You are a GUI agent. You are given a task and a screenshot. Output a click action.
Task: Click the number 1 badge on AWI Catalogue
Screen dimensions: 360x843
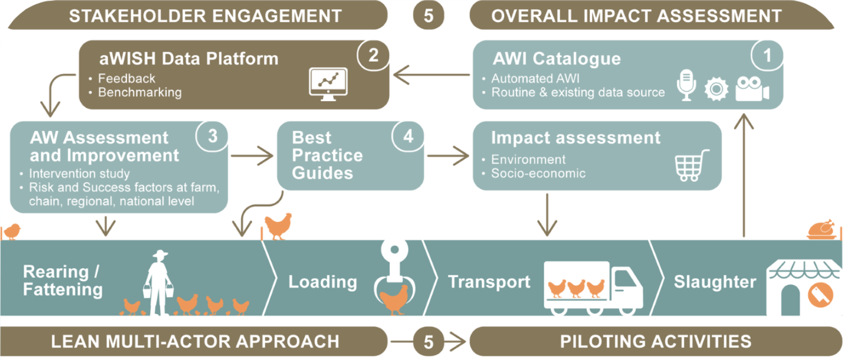tap(767, 55)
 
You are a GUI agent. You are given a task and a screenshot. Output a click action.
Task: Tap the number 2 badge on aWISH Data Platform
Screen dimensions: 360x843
tap(373, 55)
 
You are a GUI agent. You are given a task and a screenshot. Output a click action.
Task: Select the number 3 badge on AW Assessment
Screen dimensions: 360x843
tap(212, 136)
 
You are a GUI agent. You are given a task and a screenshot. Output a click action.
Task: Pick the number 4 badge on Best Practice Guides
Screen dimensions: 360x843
tap(408, 136)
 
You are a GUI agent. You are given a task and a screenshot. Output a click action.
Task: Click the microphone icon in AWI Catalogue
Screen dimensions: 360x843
tap(686, 85)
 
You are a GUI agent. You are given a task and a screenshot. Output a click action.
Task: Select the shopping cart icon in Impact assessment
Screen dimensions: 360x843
tap(691, 165)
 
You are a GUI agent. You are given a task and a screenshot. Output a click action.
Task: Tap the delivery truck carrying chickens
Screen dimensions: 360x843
tap(593, 287)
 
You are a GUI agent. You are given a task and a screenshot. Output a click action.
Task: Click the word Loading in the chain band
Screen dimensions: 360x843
tap(322, 282)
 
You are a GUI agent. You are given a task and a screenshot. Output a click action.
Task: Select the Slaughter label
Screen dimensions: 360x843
tap(714, 282)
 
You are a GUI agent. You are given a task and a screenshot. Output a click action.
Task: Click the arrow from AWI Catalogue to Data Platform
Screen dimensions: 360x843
tap(431, 75)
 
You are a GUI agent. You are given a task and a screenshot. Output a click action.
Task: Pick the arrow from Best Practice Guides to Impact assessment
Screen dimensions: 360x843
tap(448, 156)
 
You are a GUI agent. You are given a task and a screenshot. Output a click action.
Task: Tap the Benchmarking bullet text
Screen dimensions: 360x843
tap(140, 92)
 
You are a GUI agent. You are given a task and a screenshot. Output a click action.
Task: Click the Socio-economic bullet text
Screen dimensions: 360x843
tap(538, 173)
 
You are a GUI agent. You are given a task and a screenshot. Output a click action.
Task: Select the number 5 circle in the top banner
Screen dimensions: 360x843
tap(428, 15)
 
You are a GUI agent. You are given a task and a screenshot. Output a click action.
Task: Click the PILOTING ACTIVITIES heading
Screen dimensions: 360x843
tap(655, 342)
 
